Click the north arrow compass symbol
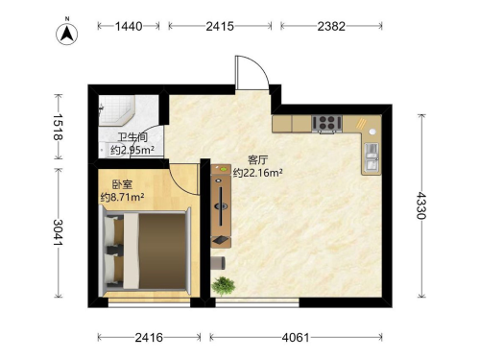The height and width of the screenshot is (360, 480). (67, 33)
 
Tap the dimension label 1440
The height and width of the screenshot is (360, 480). (129, 26)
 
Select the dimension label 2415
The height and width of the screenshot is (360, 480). (220, 26)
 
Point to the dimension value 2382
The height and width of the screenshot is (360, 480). (331, 26)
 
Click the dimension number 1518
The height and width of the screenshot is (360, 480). (58, 127)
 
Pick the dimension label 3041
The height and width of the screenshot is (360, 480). (58, 232)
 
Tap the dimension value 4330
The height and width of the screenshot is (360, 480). (421, 205)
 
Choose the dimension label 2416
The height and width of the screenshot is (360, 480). (149, 337)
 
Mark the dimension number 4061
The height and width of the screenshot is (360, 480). (296, 337)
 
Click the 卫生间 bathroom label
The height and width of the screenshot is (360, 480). (132, 137)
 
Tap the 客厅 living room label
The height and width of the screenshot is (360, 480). (258, 160)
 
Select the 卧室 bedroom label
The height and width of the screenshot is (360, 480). (122, 184)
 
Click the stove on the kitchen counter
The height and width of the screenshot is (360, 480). (327, 123)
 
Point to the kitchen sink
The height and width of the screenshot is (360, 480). (372, 157)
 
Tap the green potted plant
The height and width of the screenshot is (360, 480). (224, 285)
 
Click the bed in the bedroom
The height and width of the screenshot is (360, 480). (145, 251)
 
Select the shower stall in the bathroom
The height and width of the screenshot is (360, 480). (116, 110)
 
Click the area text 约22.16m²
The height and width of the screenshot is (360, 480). (258, 173)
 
